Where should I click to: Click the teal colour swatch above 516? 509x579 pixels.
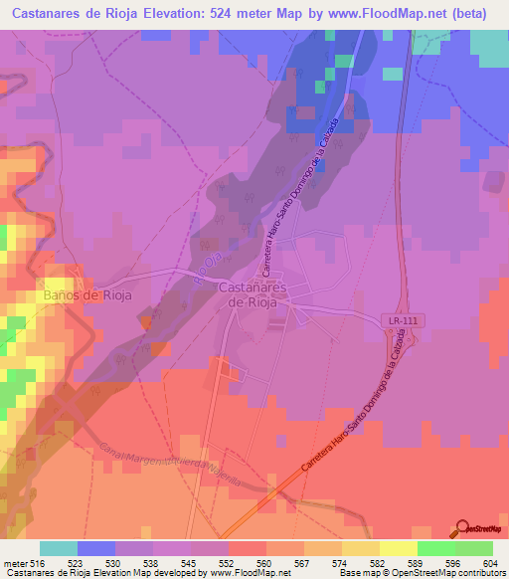click(59, 547)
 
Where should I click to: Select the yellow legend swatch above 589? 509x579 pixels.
click(398, 547)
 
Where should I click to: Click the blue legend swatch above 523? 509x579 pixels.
click(96, 547)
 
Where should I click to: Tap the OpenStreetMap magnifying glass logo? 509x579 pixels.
click(462, 527)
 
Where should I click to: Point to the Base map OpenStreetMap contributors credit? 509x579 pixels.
click(420, 572)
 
